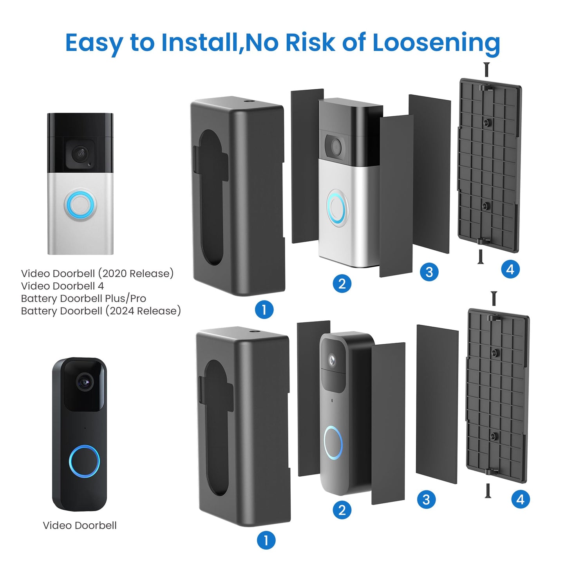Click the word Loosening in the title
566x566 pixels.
tap(436, 42)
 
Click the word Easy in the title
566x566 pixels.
tap(93, 43)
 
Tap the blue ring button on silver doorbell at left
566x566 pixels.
tap(80, 204)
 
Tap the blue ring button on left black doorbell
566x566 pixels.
tap(84, 461)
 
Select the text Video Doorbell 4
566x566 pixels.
tap(62, 286)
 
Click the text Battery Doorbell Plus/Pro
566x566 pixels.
tap(83, 298)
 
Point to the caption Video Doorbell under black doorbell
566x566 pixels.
tap(80, 525)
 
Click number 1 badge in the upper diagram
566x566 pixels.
tap(264, 309)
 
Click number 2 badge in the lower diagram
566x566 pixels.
tap(342, 510)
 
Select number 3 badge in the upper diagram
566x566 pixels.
tap(429, 272)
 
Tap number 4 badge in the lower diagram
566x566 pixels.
tap(520, 499)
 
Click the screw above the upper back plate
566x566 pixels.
tap(486, 70)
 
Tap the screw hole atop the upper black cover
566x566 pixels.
tap(248, 103)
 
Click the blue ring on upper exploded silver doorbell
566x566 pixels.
tap(336, 207)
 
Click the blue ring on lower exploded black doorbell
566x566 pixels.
tap(333, 443)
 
